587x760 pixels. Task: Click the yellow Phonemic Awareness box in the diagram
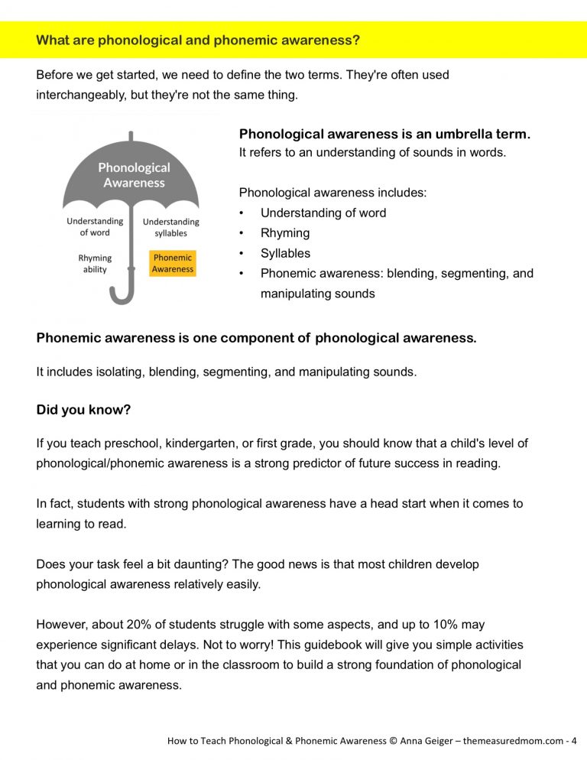tap(172, 264)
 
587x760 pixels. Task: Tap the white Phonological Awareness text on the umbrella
tap(135, 175)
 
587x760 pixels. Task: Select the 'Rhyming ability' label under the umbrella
tap(95, 264)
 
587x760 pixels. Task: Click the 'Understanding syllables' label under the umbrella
tap(170, 227)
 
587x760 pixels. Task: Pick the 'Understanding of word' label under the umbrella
tap(95, 227)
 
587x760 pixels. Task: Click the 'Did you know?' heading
tap(83, 410)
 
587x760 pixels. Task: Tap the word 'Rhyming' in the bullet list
tap(285, 233)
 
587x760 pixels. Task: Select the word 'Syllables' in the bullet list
tap(285, 253)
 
